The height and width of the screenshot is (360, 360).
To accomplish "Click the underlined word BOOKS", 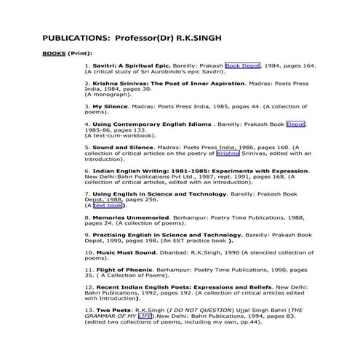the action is [55, 54].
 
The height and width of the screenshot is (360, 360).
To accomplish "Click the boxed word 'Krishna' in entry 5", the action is [228, 153].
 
